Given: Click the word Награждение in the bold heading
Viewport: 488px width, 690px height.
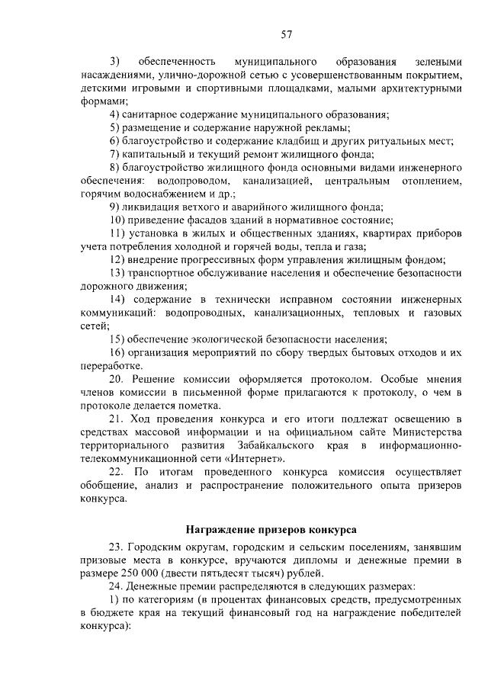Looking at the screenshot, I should tap(220, 529).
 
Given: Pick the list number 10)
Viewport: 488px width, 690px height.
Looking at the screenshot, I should tap(117, 220).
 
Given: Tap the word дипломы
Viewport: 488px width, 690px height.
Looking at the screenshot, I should tap(330, 560).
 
